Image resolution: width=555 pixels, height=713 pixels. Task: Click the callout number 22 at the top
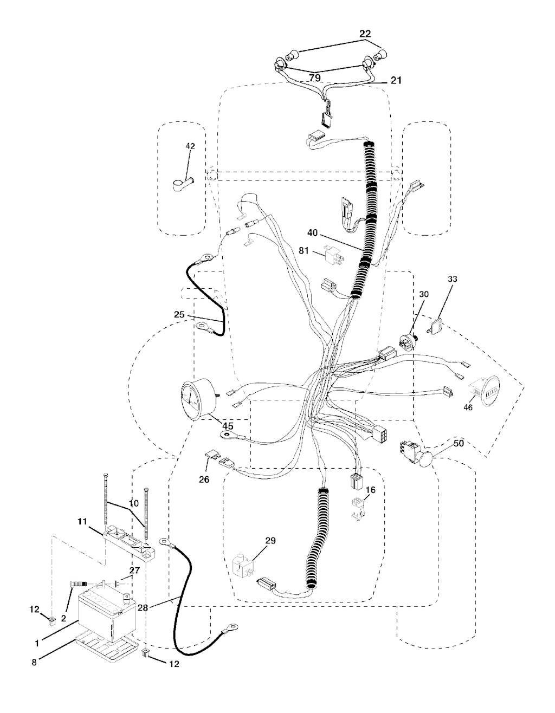[365, 34]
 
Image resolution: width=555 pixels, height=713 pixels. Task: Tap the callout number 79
[315, 77]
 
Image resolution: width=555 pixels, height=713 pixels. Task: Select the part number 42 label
[190, 146]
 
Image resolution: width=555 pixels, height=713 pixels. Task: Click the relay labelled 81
[334, 254]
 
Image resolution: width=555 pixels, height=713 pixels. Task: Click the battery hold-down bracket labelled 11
[130, 541]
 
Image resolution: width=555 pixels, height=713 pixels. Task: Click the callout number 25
[179, 315]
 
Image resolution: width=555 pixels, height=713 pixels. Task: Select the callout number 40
[312, 232]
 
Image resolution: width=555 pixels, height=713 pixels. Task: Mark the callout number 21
[396, 80]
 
